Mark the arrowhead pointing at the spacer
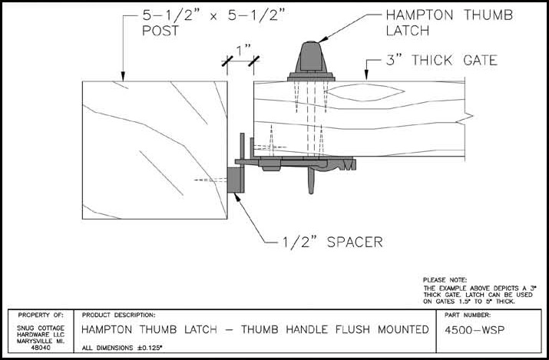pos(240,197)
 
